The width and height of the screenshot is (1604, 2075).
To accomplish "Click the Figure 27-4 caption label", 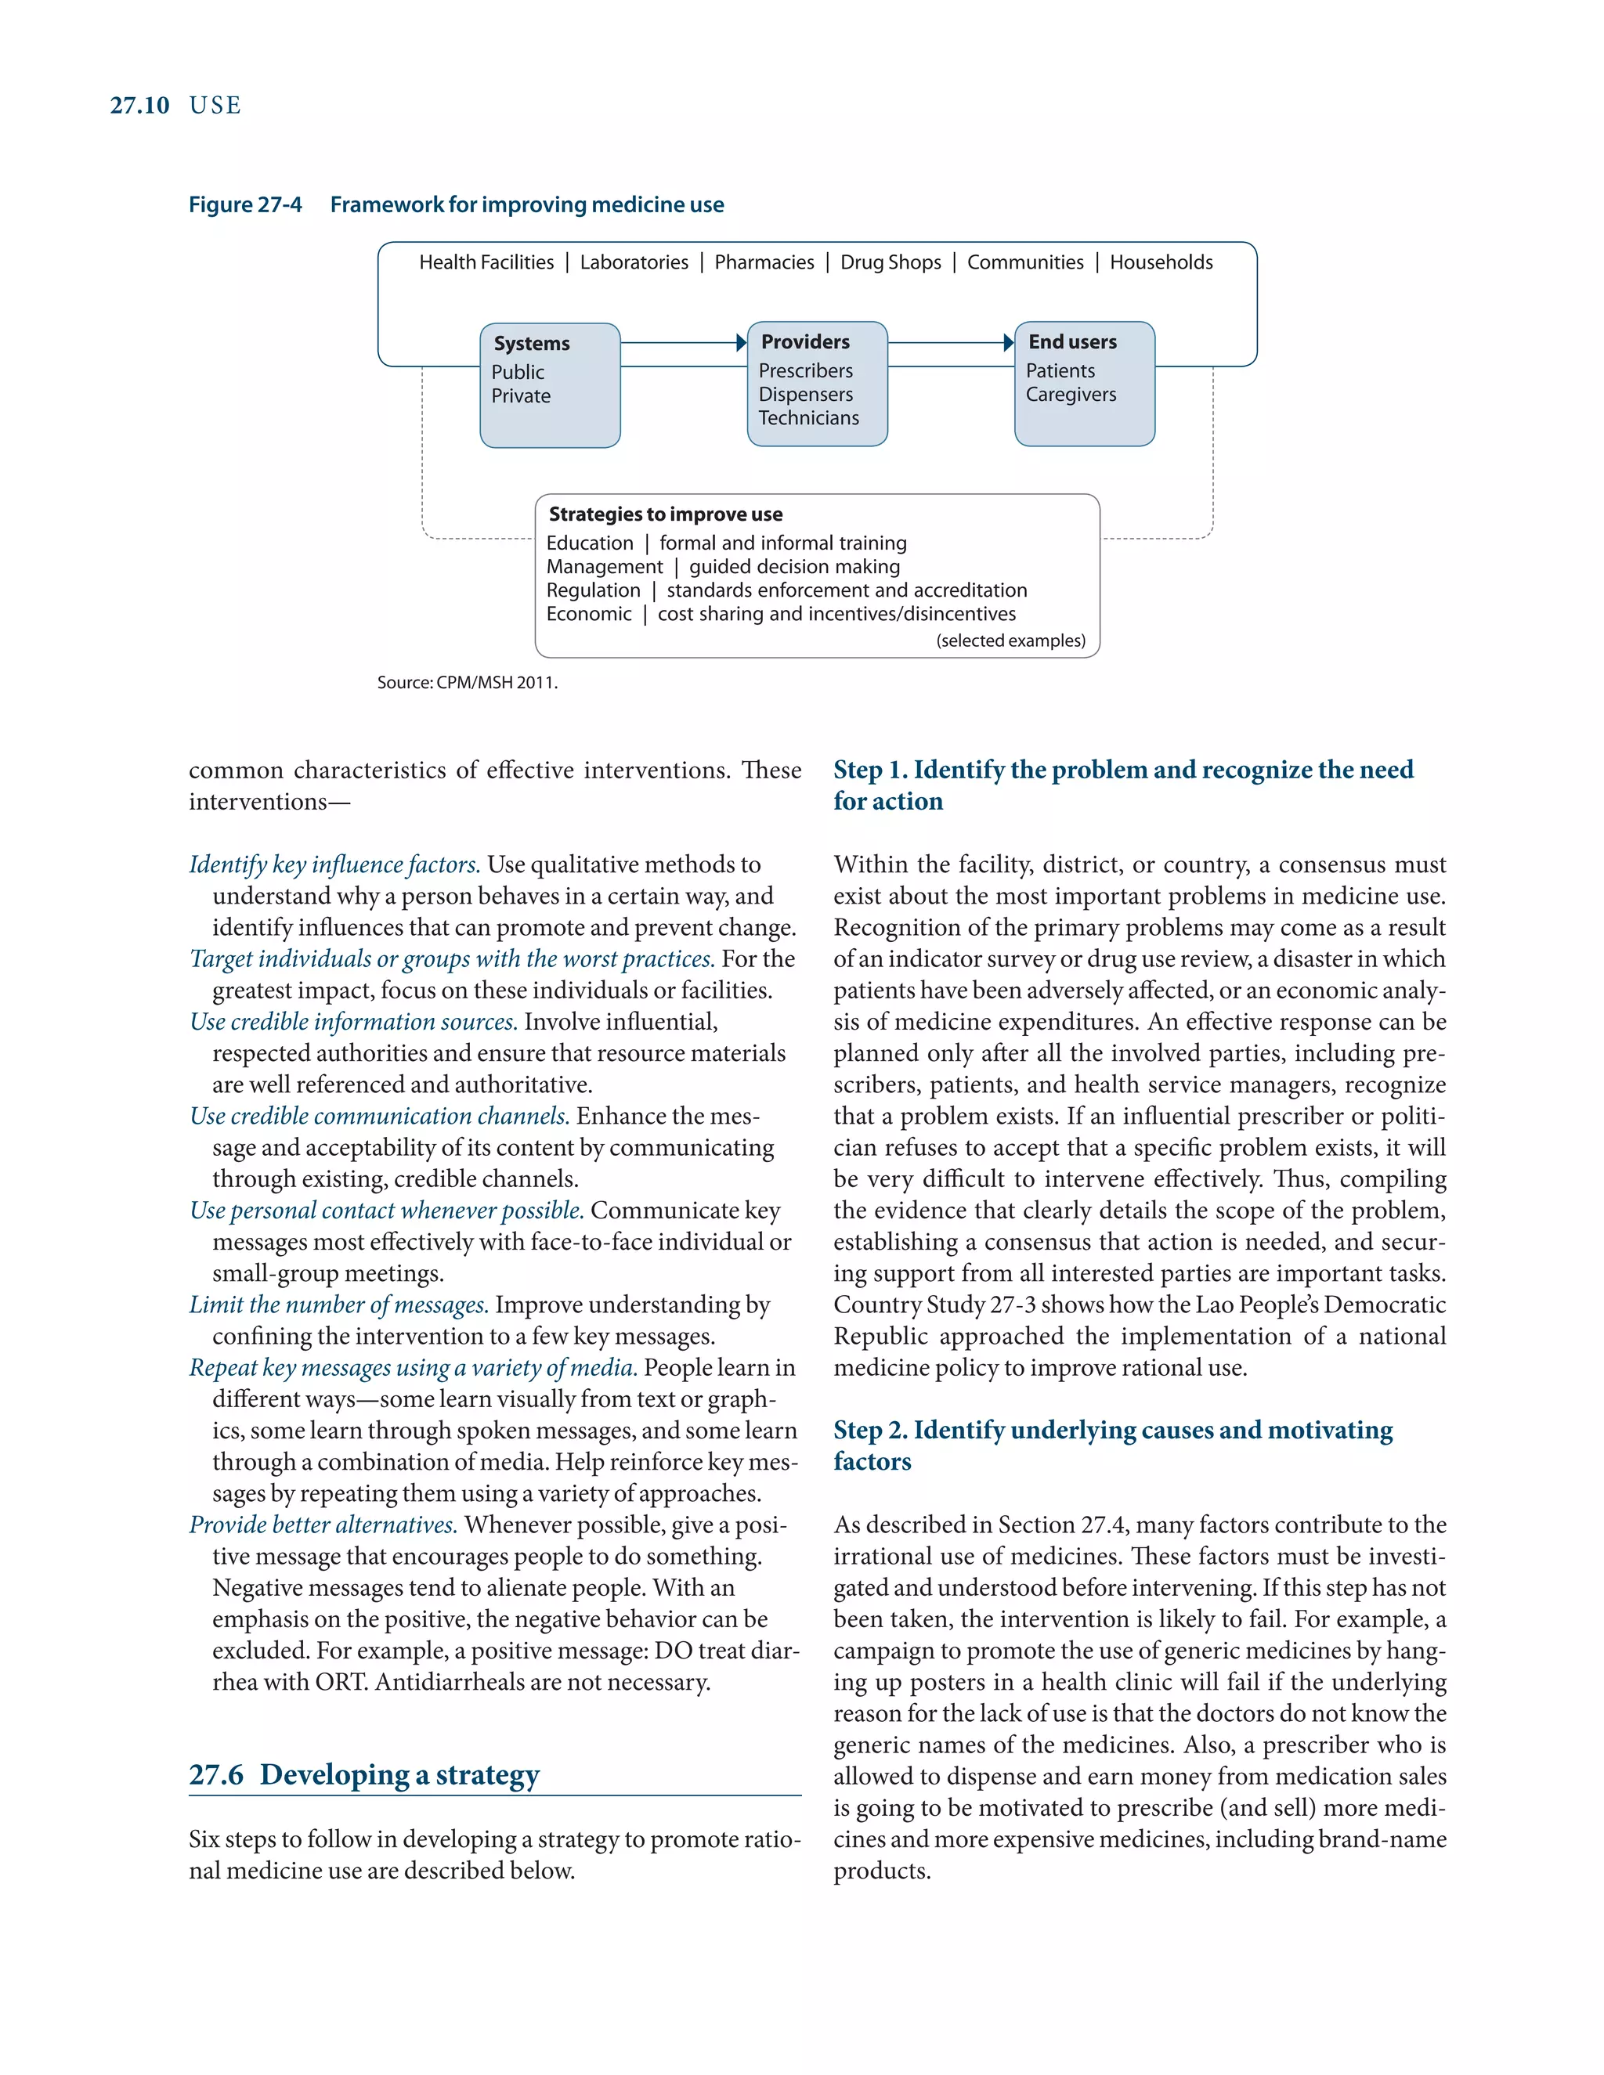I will (x=245, y=204).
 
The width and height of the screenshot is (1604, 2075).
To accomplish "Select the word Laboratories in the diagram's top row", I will (x=634, y=262).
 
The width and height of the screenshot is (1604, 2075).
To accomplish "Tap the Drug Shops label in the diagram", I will (x=891, y=262).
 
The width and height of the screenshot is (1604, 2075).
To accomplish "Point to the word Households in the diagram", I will (x=1161, y=262).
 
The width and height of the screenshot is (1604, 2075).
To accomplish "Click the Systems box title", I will (x=531, y=343).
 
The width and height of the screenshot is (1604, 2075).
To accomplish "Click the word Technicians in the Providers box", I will (x=808, y=418).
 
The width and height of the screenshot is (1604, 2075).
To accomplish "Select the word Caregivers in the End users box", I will (x=1071, y=395).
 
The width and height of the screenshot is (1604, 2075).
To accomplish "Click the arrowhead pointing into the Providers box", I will (x=741, y=343).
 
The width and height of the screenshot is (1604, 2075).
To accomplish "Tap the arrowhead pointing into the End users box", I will (x=1009, y=343).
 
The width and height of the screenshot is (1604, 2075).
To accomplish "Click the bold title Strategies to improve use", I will (x=665, y=514).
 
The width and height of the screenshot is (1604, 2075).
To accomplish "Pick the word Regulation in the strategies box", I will (x=593, y=590).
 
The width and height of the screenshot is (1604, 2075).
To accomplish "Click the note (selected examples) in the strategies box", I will (x=1010, y=641).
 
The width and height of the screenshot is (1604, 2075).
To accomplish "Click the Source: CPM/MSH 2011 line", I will (x=468, y=682).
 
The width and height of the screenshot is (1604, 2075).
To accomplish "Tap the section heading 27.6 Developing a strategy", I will (x=364, y=1774).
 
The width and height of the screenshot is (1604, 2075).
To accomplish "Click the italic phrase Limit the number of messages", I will (x=338, y=1305).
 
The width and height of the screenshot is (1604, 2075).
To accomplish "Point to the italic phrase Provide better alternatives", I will (x=323, y=1525).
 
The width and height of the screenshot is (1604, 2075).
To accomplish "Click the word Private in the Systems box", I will (x=521, y=396).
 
